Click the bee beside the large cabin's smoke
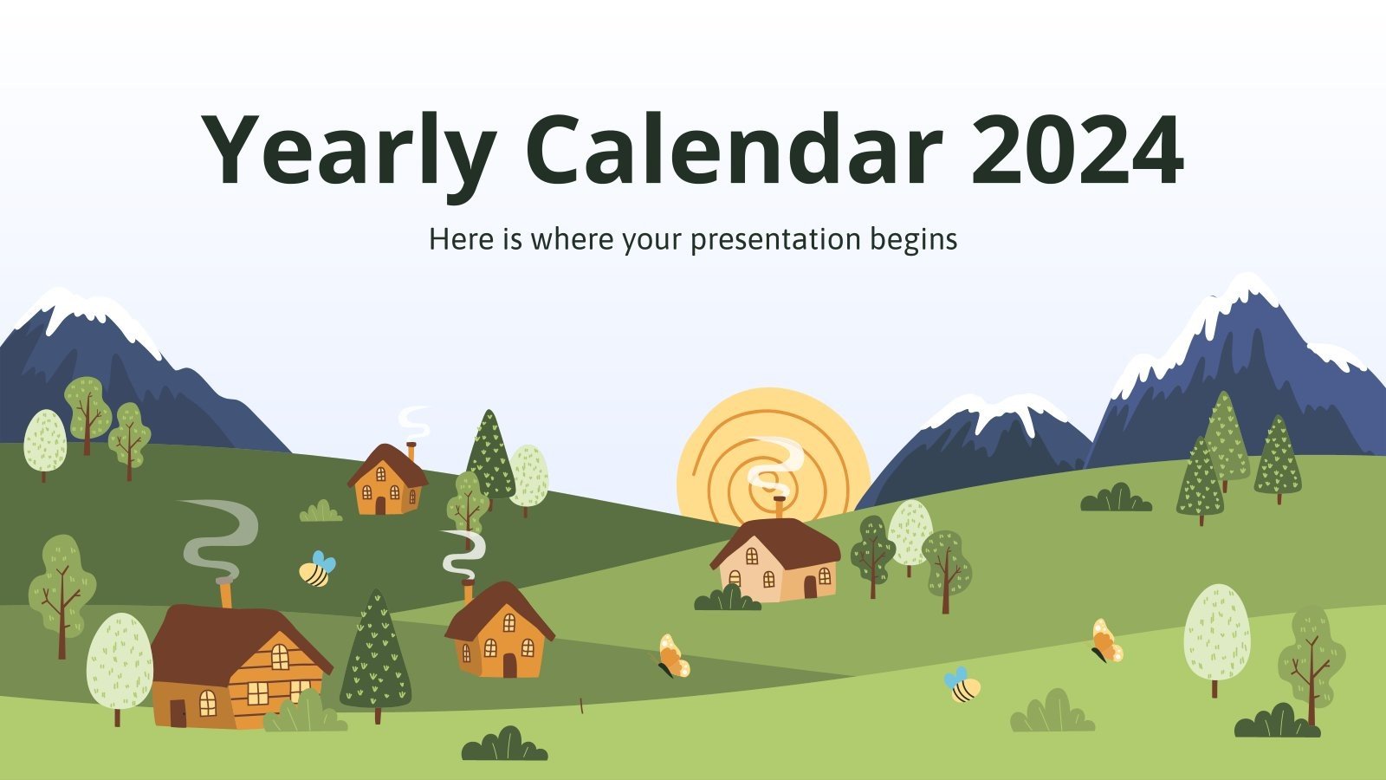coord(316,569)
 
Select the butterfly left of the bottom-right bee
coord(673,657)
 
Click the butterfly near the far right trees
coord(1106,642)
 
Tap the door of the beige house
coord(810,587)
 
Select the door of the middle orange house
coord(509,665)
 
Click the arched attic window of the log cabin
coord(279,657)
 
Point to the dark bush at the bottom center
coord(504,745)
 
